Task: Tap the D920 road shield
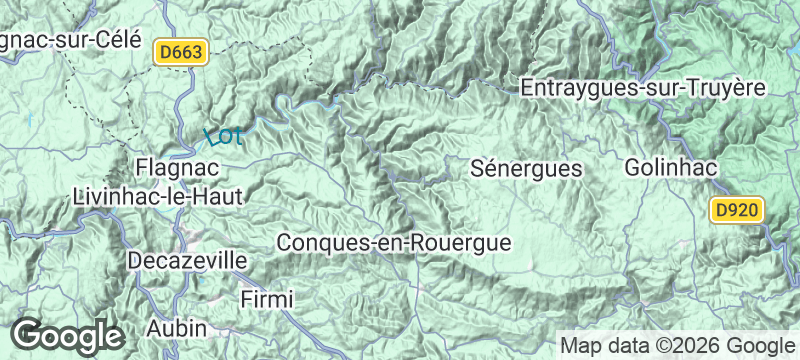click(738, 211)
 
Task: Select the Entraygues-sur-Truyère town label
click(643, 88)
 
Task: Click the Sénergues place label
click(526, 169)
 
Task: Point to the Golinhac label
click(671, 168)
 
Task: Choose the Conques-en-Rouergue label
click(394, 242)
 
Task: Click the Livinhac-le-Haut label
click(158, 196)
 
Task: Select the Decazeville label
click(188, 261)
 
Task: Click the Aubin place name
click(176, 327)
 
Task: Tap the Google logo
click(67, 335)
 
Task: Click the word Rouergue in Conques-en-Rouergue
click(463, 242)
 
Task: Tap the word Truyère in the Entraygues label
click(725, 88)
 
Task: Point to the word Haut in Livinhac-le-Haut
click(218, 196)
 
